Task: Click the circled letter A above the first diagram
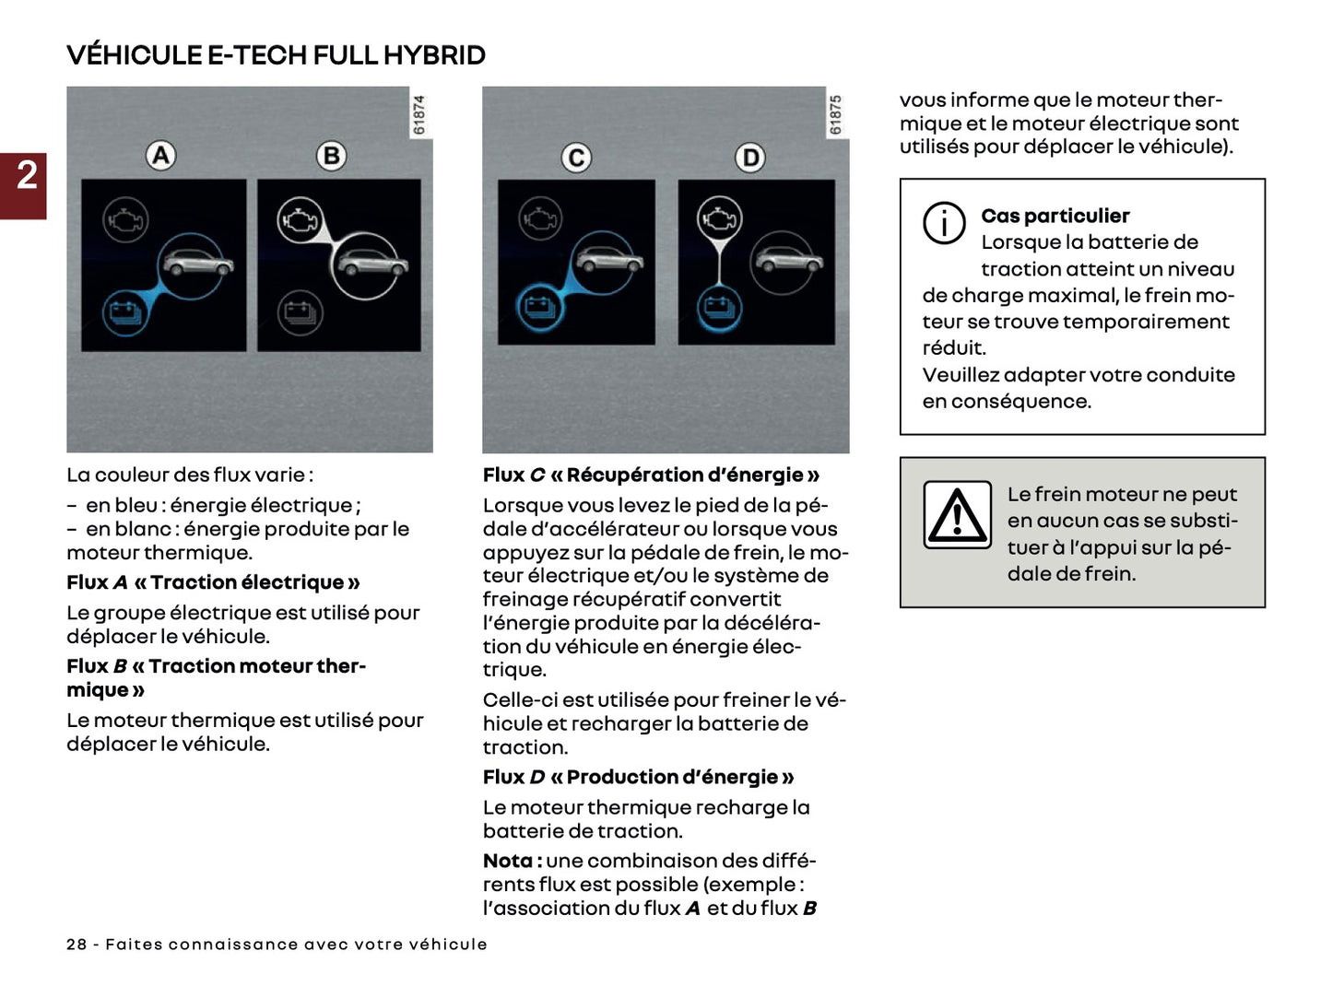(x=161, y=155)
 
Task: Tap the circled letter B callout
(x=332, y=155)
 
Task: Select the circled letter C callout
(x=576, y=158)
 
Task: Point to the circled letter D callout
(x=750, y=158)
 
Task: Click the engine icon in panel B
(x=300, y=220)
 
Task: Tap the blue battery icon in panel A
(x=124, y=312)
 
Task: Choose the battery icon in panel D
(x=719, y=306)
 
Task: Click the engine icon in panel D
(x=719, y=218)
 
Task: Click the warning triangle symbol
(x=957, y=514)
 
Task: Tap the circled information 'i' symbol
(x=944, y=223)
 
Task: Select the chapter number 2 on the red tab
(x=26, y=175)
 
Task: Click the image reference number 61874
(x=419, y=115)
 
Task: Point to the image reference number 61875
(x=836, y=115)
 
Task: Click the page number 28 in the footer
(x=77, y=945)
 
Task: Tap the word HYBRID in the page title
(x=434, y=55)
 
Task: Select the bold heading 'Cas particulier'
(x=1055, y=216)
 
